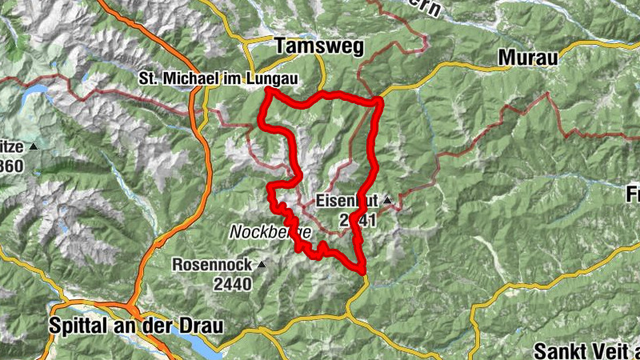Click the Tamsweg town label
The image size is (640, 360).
point(318,47)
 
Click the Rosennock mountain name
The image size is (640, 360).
point(211,264)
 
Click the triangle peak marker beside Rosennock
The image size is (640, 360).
point(261,263)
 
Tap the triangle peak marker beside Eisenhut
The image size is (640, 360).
point(387,200)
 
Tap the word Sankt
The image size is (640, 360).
point(559,350)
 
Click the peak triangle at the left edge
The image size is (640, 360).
point(34,148)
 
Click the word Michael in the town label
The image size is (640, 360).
point(182,78)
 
